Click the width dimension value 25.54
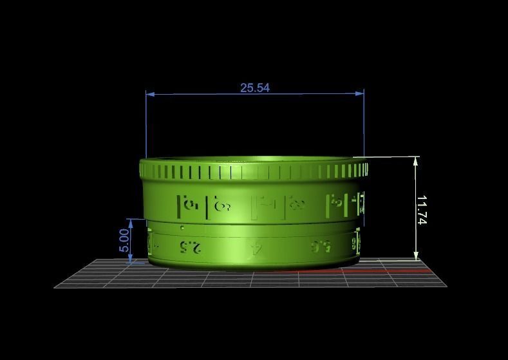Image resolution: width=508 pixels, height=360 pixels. pyautogui.click(x=255, y=88)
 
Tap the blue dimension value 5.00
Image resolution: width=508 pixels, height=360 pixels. pyautogui.click(x=124, y=241)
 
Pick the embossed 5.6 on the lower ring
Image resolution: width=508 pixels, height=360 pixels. pyautogui.click(x=321, y=245)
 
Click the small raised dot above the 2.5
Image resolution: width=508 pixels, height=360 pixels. pyautogui.click(x=183, y=228)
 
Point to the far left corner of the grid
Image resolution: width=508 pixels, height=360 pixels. pyautogui.click(x=55, y=287)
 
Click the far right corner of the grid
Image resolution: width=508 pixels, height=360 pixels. pyautogui.click(x=446, y=286)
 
